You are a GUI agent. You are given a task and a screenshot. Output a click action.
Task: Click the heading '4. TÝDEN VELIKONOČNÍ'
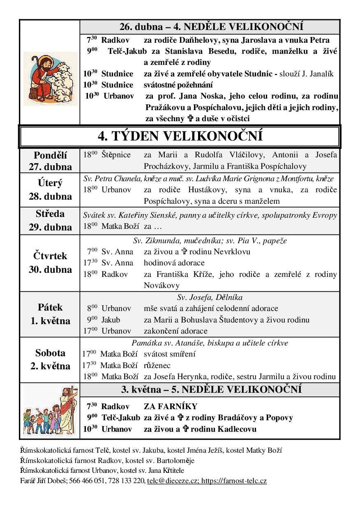(180, 136)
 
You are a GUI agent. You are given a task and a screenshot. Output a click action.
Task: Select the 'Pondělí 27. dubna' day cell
(50, 161)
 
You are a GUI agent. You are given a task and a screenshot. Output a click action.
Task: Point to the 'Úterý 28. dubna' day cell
(50, 189)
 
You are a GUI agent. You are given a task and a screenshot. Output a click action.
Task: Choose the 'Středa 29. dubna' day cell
(50, 220)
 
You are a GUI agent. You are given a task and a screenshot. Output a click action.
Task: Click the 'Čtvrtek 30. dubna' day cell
(50, 263)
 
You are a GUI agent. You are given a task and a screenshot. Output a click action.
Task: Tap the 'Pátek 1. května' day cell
(50, 314)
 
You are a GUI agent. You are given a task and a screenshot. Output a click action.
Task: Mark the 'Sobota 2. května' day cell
(50, 359)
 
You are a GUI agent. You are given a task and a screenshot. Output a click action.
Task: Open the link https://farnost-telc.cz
(234, 480)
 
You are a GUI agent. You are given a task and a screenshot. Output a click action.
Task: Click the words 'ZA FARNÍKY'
(171, 407)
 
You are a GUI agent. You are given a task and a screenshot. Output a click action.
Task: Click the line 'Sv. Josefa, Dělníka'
(210, 297)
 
